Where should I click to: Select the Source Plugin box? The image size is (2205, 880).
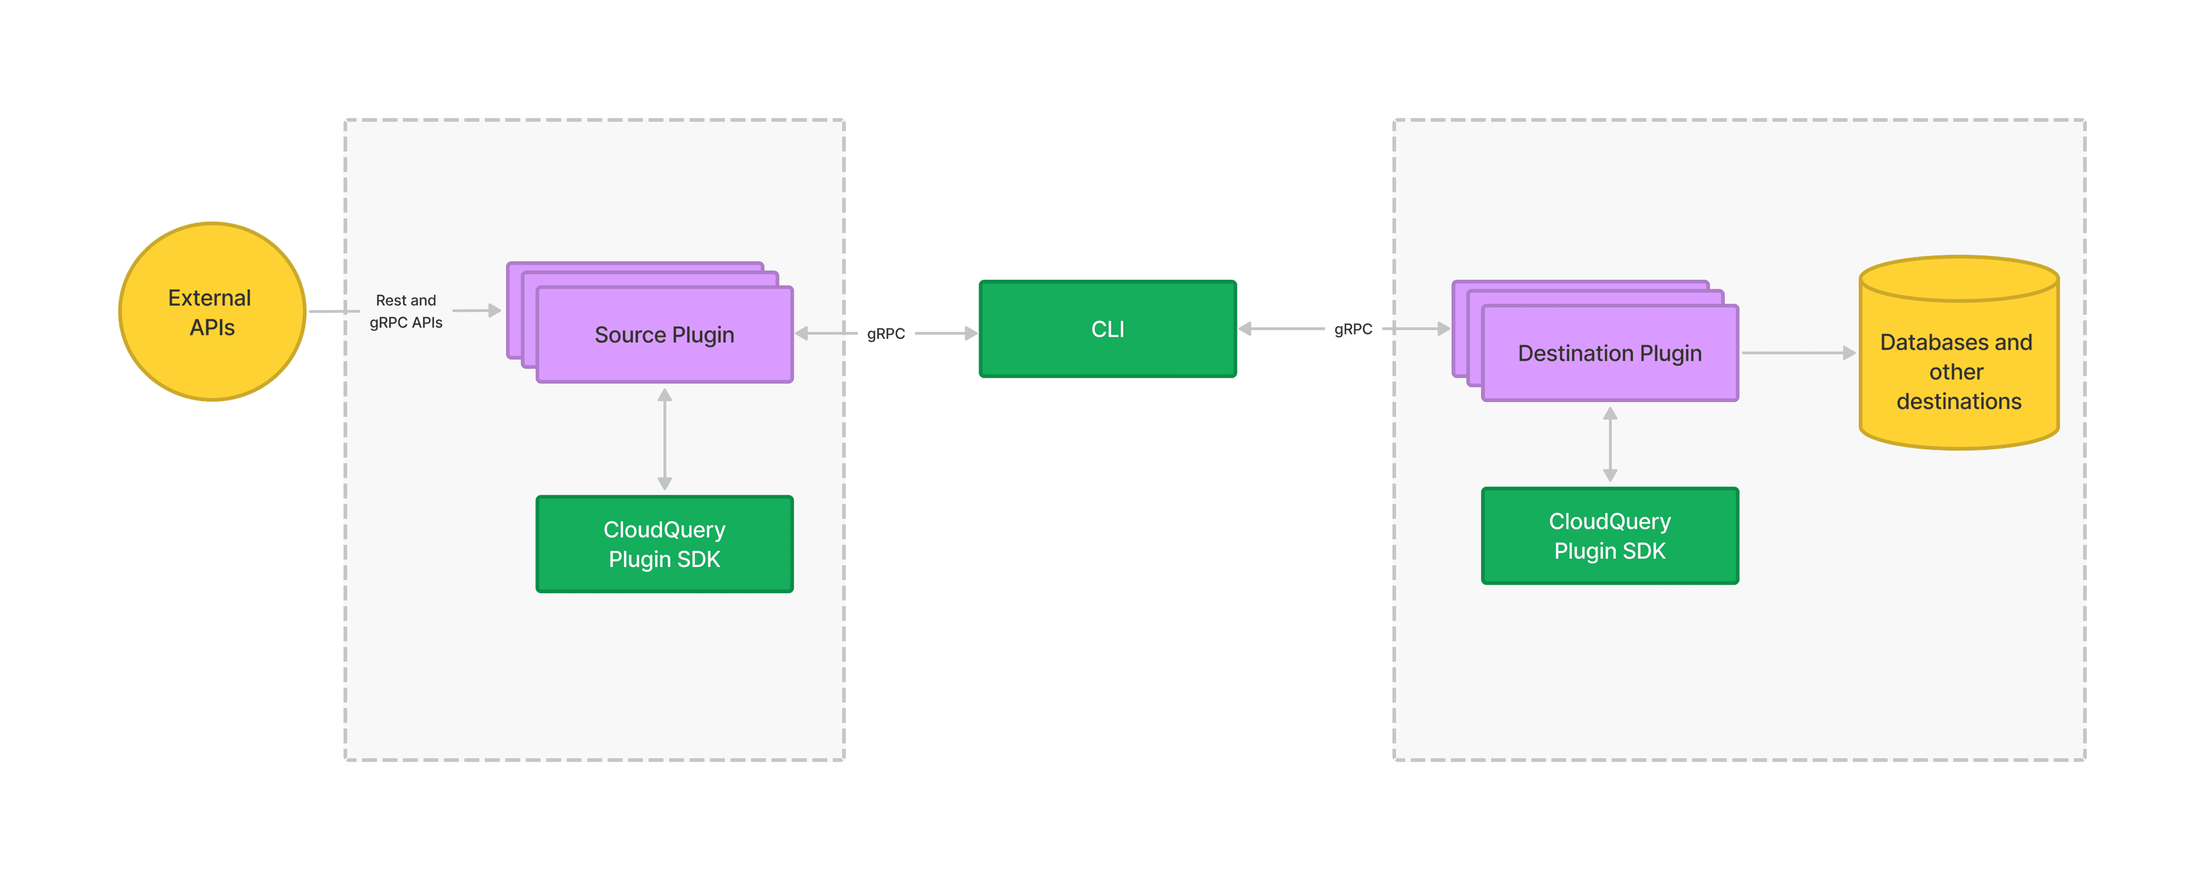tap(664, 335)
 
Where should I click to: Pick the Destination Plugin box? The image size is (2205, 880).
tap(1609, 353)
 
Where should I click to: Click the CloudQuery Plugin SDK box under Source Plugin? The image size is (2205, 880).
tap(664, 545)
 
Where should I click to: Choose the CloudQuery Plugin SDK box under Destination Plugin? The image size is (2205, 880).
tap(1609, 536)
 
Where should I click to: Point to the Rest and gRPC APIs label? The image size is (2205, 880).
tap(406, 311)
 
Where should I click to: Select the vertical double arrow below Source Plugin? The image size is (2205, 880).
tap(665, 439)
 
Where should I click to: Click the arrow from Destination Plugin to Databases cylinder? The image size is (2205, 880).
tap(1797, 353)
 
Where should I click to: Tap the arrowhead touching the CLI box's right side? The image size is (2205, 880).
tap(1245, 329)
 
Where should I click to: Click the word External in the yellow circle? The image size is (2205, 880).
tap(209, 298)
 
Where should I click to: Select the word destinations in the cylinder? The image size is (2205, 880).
tap(1959, 402)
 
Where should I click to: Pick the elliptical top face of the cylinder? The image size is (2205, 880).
tap(1959, 278)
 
